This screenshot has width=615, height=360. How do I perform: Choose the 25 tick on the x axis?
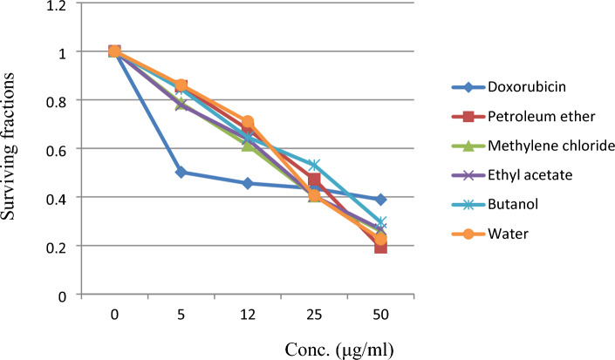314,312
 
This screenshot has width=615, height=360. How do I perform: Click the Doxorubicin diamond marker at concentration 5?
181,173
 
